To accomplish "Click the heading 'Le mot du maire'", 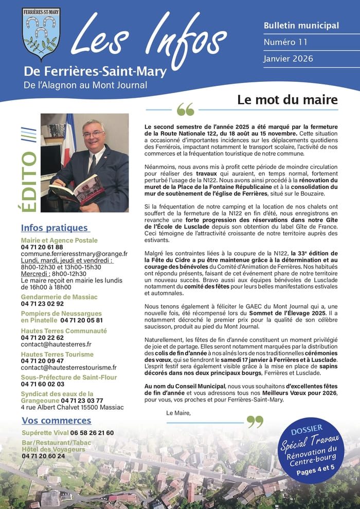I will coord(287,100).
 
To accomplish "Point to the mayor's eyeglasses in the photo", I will coord(94,134).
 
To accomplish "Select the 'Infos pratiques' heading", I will coord(55,228).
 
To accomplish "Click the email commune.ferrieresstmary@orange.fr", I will coord(74,254).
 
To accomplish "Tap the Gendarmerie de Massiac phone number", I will coord(42,304).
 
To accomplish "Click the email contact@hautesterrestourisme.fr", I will coord(68,367).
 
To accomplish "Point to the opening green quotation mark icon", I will coord(186,110).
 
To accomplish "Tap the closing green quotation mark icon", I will coord(255,422).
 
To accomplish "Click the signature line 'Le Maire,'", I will coord(178,413).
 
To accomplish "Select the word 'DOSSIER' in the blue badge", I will coord(307,428).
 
